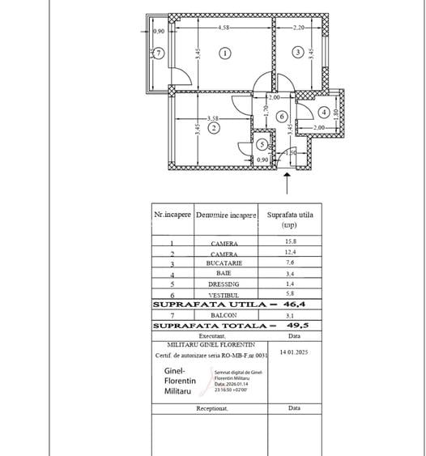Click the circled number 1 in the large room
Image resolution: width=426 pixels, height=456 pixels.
point(225,53)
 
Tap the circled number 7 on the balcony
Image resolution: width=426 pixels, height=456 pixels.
point(159,53)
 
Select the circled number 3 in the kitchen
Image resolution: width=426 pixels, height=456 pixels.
point(298,53)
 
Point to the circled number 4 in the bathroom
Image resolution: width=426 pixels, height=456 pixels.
point(323,112)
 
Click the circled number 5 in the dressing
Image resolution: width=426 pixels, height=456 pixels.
point(263,144)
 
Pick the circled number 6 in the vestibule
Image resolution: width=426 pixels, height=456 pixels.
point(281,117)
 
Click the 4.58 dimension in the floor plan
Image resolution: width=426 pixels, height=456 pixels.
point(223,28)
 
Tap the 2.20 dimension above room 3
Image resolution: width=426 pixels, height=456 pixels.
point(298,28)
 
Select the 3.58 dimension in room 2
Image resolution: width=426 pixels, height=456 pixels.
point(213,117)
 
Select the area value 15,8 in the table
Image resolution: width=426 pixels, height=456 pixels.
point(289,243)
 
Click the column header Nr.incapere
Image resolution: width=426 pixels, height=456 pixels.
point(173,215)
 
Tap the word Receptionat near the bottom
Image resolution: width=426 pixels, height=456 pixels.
point(212,409)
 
